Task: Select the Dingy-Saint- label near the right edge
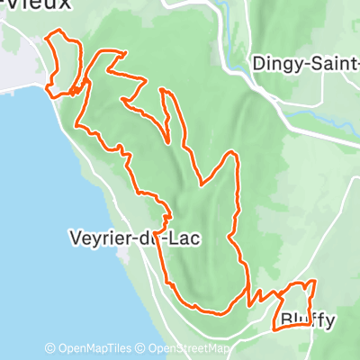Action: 305,64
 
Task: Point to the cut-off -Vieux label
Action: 35,6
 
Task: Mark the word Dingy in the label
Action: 275,64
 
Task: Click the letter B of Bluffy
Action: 285,319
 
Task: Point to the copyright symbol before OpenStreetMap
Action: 141,348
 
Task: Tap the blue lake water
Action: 36,225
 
